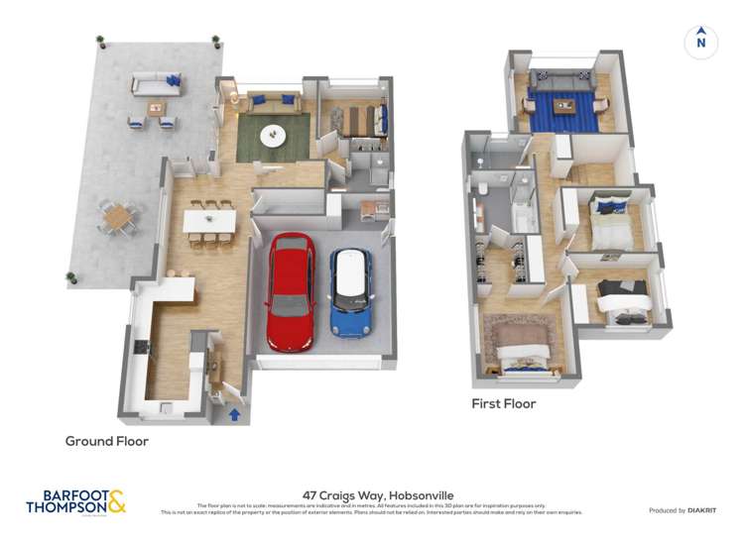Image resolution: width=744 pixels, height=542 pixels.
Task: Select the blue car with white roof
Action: [x=350, y=291]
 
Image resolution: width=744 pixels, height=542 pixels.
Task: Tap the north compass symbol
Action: [x=700, y=42]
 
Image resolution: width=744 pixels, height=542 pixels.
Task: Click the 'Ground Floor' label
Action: [x=107, y=441]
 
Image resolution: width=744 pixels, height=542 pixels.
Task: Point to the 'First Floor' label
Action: [x=503, y=403]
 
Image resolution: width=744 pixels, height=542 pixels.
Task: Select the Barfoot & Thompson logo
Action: [x=76, y=500]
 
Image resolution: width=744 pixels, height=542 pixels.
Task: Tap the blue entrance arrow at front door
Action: [x=235, y=413]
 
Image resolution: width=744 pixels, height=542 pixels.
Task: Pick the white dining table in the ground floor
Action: [x=209, y=220]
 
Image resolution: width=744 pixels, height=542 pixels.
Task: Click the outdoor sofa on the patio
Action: [x=155, y=83]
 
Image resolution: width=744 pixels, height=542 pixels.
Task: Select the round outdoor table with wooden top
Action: [x=117, y=214]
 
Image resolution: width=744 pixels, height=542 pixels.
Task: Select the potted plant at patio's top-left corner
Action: [x=100, y=41]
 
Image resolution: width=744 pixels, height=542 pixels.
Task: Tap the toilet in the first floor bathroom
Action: [x=479, y=187]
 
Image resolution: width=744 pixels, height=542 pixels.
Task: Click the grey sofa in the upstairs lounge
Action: [x=561, y=79]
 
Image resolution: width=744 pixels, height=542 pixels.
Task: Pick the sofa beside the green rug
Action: [x=274, y=102]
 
